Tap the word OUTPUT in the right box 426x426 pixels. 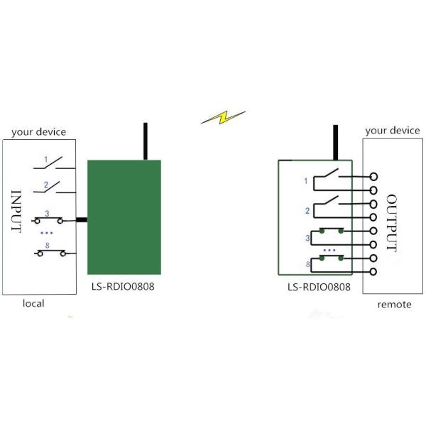[x=392, y=222]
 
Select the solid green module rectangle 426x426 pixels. [x=123, y=217]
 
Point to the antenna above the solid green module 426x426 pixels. [x=145, y=141]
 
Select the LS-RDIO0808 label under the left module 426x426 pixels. [x=123, y=288]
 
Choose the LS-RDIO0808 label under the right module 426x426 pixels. [x=320, y=288]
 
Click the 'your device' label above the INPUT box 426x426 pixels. [x=38, y=131]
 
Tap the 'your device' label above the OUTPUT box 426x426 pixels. [x=392, y=131]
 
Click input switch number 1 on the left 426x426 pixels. [x=53, y=165]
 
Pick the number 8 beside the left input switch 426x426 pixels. [x=47, y=245]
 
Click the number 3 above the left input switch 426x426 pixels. [x=47, y=213]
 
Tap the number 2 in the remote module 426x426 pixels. [x=307, y=210]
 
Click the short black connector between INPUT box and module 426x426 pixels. [x=81, y=220]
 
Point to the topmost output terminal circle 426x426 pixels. [x=373, y=176]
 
